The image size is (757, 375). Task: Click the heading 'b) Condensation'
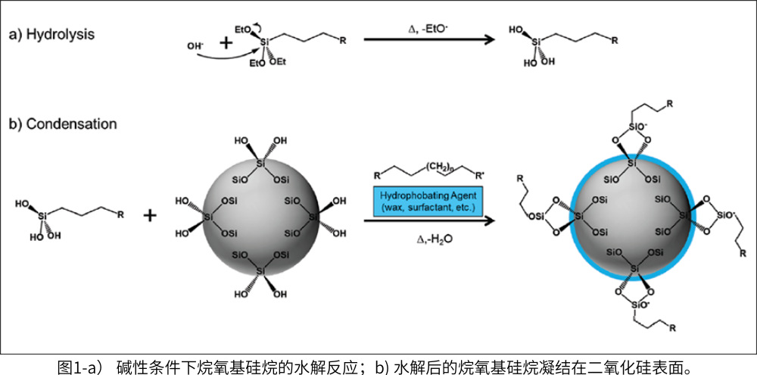[63, 123]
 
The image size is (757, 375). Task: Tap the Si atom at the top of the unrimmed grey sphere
[260, 162]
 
